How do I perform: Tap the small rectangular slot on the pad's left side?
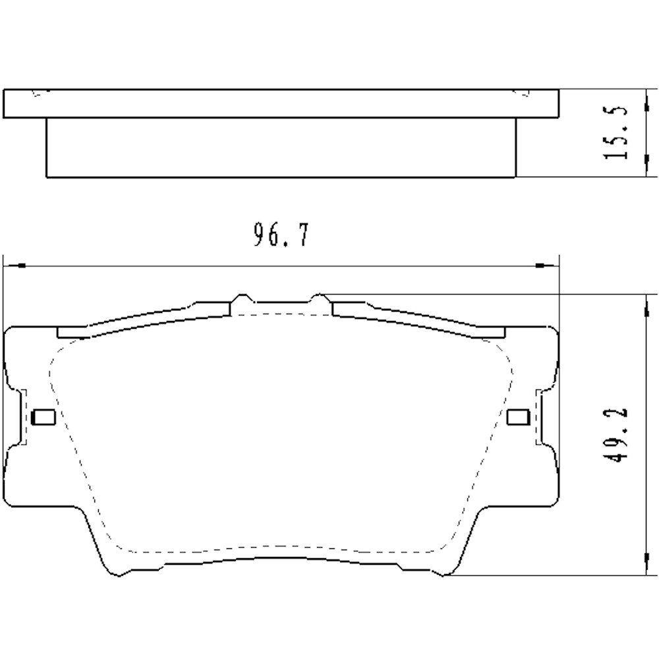point(43,416)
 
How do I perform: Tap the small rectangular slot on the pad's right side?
point(519,416)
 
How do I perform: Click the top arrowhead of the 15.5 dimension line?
point(645,94)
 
